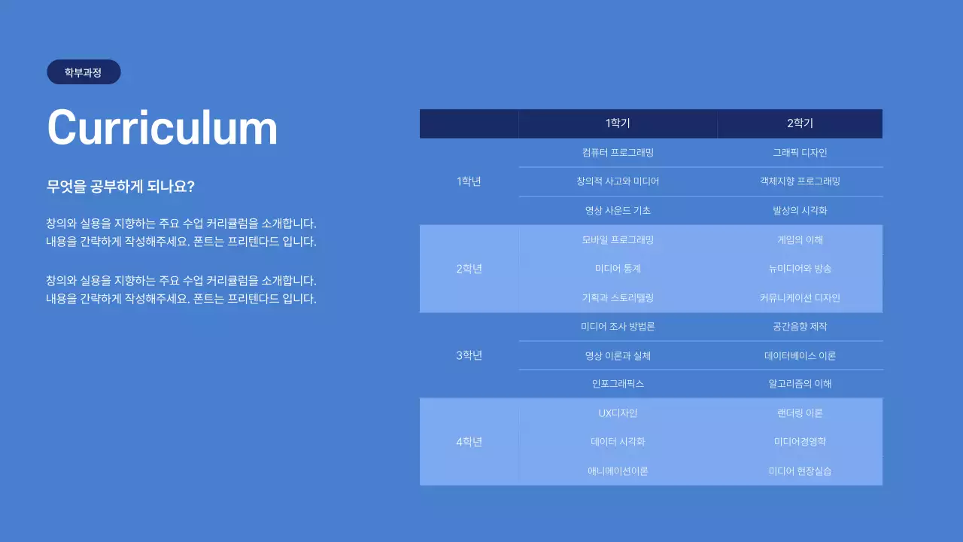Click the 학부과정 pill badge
(84, 72)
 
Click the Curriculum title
(163, 127)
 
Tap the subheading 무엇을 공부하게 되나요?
(121, 187)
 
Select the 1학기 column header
(618, 123)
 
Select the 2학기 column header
(800, 123)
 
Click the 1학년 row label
(469, 181)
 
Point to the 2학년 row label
(469, 269)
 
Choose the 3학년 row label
(469, 355)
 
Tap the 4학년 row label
(469, 442)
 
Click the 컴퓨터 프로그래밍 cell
(618, 153)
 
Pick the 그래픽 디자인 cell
(800, 153)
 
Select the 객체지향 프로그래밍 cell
(800, 181)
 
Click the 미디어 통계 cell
(618, 269)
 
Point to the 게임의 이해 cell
(800, 240)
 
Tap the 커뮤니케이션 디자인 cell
(800, 297)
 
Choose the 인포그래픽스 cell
(618, 384)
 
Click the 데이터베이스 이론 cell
(800, 355)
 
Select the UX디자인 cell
(618, 413)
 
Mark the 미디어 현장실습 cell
(800, 471)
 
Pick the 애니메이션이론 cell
(618, 471)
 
